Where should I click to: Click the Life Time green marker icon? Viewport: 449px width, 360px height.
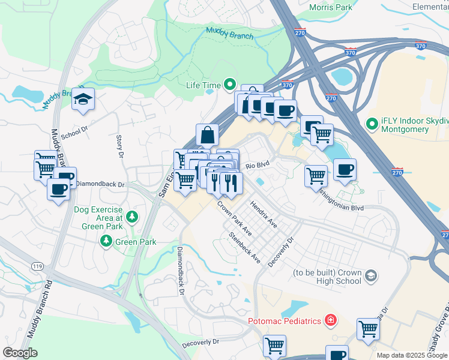coord(229,85)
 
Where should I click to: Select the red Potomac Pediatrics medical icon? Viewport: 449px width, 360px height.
coord(330,321)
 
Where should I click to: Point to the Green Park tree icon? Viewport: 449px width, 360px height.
coord(106,241)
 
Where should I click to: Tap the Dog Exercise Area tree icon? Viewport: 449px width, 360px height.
coord(130,217)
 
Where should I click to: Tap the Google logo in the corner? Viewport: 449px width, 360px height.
coord(20,353)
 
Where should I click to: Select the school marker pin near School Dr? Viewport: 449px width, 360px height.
coord(83,100)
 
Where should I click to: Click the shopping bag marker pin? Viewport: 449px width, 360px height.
coord(207,135)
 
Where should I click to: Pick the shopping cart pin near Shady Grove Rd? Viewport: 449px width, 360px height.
coord(368,329)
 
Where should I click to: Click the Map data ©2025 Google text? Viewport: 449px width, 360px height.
coord(411,355)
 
